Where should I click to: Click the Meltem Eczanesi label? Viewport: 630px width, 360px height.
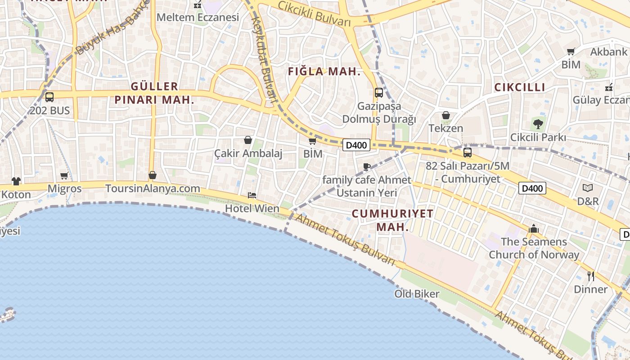pos(198,18)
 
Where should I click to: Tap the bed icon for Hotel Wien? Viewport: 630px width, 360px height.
pos(252,195)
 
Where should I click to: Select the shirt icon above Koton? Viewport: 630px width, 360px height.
pos(16,181)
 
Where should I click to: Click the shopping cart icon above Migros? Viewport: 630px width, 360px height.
pos(64,175)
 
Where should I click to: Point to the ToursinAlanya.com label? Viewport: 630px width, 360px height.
pos(153,188)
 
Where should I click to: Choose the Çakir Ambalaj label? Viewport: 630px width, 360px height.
pos(248,153)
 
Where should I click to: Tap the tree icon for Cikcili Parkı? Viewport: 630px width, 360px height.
pos(538,124)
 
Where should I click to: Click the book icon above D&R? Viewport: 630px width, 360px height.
pos(588,188)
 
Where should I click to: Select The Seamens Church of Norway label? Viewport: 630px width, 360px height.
pos(534,248)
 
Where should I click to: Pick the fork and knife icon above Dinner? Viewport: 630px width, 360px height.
pos(591,275)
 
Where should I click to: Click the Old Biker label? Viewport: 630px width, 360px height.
pos(417,294)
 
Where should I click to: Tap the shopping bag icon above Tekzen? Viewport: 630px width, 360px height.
pos(445,116)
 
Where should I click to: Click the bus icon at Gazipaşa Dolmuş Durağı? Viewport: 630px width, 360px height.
pos(379,93)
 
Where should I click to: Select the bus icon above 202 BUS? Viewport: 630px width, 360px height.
pos(49,97)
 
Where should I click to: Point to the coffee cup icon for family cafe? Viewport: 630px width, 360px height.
pos(367,167)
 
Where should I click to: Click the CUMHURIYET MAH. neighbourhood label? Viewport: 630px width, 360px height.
pos(392,220)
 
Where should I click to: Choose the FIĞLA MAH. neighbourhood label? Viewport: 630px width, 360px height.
pos(324,72)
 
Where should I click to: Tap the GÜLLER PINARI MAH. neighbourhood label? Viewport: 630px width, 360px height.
pos(154,93)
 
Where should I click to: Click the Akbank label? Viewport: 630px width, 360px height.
pos(608,52)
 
